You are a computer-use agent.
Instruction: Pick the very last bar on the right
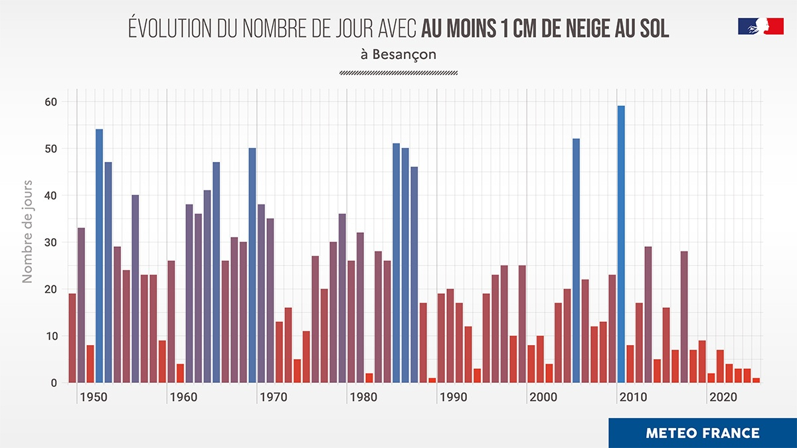click(x=756, y=380)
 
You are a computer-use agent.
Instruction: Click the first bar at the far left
click(x=72, y=338)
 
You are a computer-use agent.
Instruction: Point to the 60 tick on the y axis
click(x=52, y=102)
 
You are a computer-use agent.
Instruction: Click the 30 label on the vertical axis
click(x=52, y=242)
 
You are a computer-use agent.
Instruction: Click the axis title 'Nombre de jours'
click(x=27, y=230)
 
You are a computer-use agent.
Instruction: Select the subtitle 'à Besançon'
click(x=398, y=54)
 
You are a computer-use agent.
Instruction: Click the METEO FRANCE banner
click(x=702, y=433)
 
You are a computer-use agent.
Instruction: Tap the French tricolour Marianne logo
click(x=760, y=26)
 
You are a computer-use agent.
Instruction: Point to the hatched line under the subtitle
click(x=398, y=73)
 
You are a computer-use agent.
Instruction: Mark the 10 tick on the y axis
click(x=52, y=336)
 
